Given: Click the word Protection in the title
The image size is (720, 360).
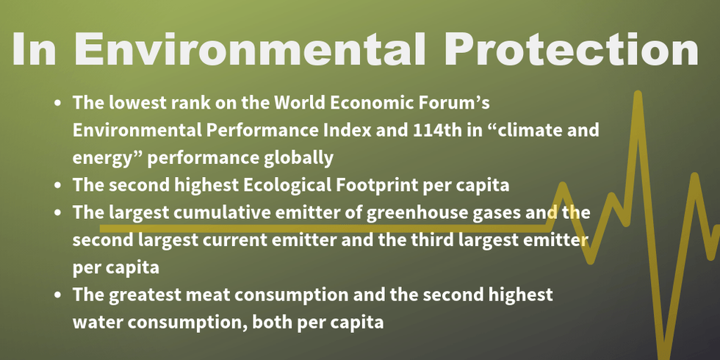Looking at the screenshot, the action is tap(572, 48).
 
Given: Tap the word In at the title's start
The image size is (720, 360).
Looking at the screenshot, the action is tap(35, 48).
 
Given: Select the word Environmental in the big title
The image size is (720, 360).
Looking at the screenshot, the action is tap(251, 48).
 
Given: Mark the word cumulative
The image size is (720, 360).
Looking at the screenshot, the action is tap(227, 213).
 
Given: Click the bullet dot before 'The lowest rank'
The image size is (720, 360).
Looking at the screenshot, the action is tap(57, 104).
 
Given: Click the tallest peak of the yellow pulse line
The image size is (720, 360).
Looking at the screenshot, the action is tap(638, 94).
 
